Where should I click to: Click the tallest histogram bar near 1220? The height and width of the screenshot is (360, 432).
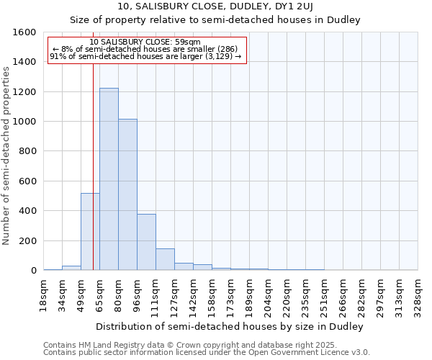point(109,179)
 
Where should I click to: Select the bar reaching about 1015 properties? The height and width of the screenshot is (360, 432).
point(127,194)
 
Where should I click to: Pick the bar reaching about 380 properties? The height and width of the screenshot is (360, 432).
point(146,242)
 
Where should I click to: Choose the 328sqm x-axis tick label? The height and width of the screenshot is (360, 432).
point(418,297)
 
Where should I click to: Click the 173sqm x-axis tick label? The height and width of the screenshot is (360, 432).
point(231,297)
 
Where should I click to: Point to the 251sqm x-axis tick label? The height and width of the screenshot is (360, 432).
point(325,297)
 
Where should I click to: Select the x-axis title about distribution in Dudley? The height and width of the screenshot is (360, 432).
point(230,326)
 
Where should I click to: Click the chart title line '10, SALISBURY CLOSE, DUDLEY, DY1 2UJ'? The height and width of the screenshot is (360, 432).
point(215,6)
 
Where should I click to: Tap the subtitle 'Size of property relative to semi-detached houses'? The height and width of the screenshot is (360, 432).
point(215,19)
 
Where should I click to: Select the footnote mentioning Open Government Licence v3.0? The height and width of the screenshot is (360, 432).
point(207,353)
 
